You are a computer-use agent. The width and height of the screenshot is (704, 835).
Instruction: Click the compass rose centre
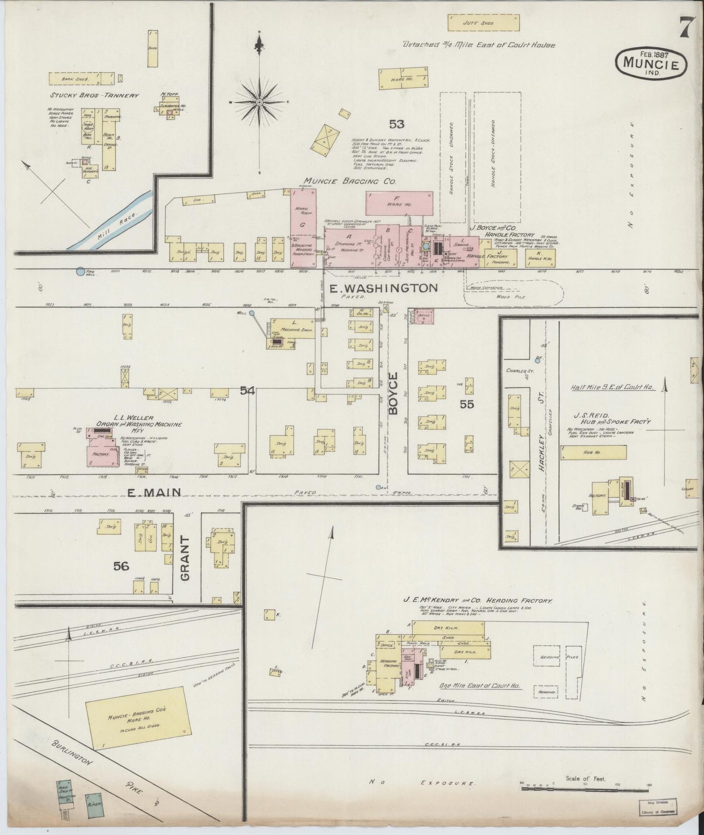tap(260, 102)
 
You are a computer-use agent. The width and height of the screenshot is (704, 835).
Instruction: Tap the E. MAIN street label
tap(154, 493)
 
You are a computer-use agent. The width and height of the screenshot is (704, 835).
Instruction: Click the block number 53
tap(397, 124)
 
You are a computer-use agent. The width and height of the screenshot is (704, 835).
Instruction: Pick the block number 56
tap(121, 566)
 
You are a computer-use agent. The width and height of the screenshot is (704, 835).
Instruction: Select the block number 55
tap(467, 403)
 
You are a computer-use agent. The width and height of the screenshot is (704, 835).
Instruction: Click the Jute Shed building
tap(484, 22)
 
